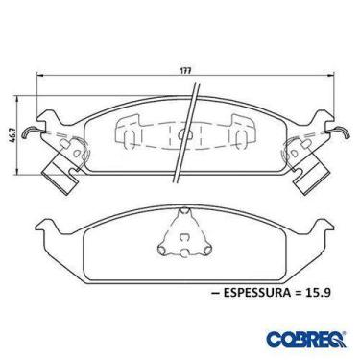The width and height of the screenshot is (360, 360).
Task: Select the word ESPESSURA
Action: tap(255, 293)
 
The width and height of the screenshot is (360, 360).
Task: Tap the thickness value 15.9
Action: tap(318, 293)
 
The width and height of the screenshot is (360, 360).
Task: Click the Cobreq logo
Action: tap(305, 339)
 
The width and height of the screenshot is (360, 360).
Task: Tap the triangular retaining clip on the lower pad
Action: tap(184, 232)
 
